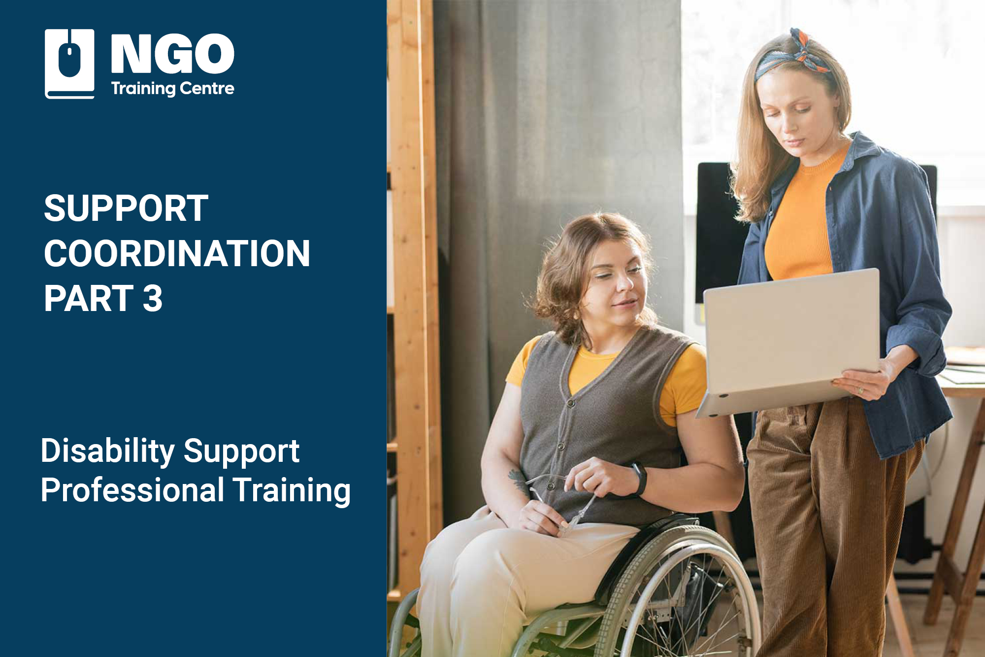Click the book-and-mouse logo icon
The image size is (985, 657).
click(69, 63)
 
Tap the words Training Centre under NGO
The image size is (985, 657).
click(172, 89)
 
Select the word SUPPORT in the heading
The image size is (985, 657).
click(126, 208)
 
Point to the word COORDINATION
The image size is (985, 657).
click(177, 254)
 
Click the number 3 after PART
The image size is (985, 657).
click(153, 299)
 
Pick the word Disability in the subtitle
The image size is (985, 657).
click(107, 451)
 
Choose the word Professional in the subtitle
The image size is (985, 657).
click(132, 490)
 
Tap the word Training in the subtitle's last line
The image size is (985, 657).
click(292, 490)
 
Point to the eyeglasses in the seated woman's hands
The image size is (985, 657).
click(557, 498)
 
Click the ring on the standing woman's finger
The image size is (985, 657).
click(860, 390)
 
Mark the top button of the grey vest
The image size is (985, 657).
click(571, 403)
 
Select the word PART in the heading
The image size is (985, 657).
click(89, 299)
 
